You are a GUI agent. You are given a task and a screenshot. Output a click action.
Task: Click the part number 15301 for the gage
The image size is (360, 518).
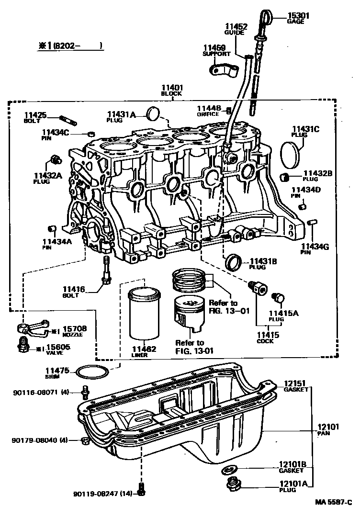[x=298, y=16]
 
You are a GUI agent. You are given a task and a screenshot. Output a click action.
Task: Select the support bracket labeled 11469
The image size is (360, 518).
[x=224, y=69]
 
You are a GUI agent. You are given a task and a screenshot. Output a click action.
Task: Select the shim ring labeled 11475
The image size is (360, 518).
[x=92, y=372]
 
